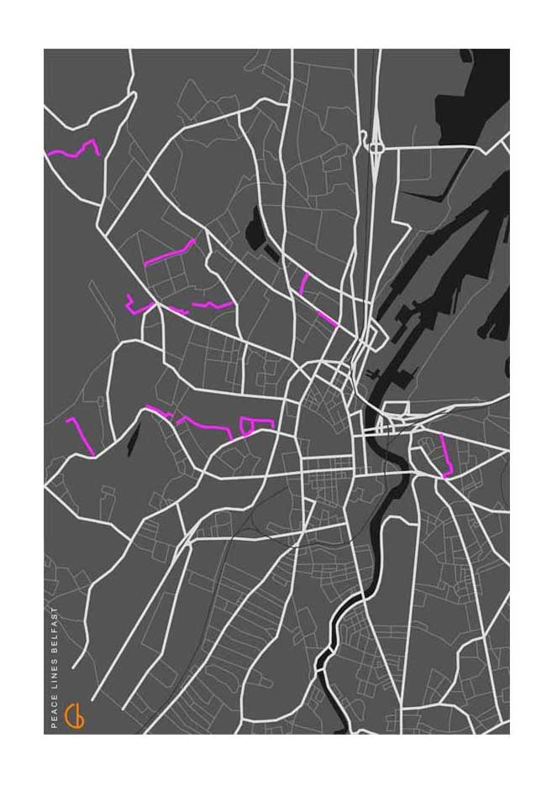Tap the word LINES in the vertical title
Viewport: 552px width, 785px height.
point(55,678)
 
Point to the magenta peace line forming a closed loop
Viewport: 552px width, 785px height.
point(246,425)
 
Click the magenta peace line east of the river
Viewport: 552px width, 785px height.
point(446,456)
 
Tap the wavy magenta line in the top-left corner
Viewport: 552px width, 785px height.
point(73,151)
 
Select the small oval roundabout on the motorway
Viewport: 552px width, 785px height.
point(376,148)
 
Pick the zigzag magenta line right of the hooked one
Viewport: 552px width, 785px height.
point(212,304)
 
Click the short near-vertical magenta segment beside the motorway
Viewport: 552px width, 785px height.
point(304,283)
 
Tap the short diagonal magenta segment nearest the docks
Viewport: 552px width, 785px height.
point(327,318)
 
